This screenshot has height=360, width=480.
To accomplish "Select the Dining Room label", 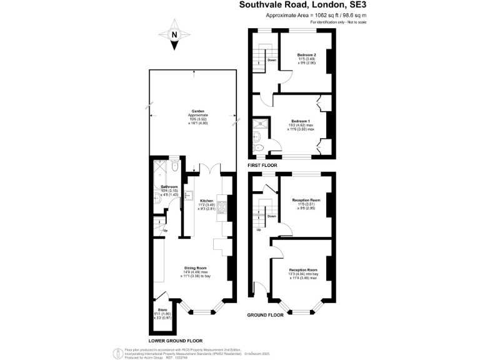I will (197, 267).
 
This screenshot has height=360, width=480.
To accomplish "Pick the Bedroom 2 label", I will (306, 55).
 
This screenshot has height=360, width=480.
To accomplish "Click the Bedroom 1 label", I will (300, 121).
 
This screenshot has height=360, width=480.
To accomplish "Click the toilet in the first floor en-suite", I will (259, 147).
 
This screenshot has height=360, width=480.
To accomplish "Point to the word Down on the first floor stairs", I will (272, 60).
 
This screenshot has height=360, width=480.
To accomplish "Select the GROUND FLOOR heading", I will (266, 315).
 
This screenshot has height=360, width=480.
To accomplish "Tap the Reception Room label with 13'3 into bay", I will (302, 269).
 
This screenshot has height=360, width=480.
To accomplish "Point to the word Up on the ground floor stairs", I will (259, 229).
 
